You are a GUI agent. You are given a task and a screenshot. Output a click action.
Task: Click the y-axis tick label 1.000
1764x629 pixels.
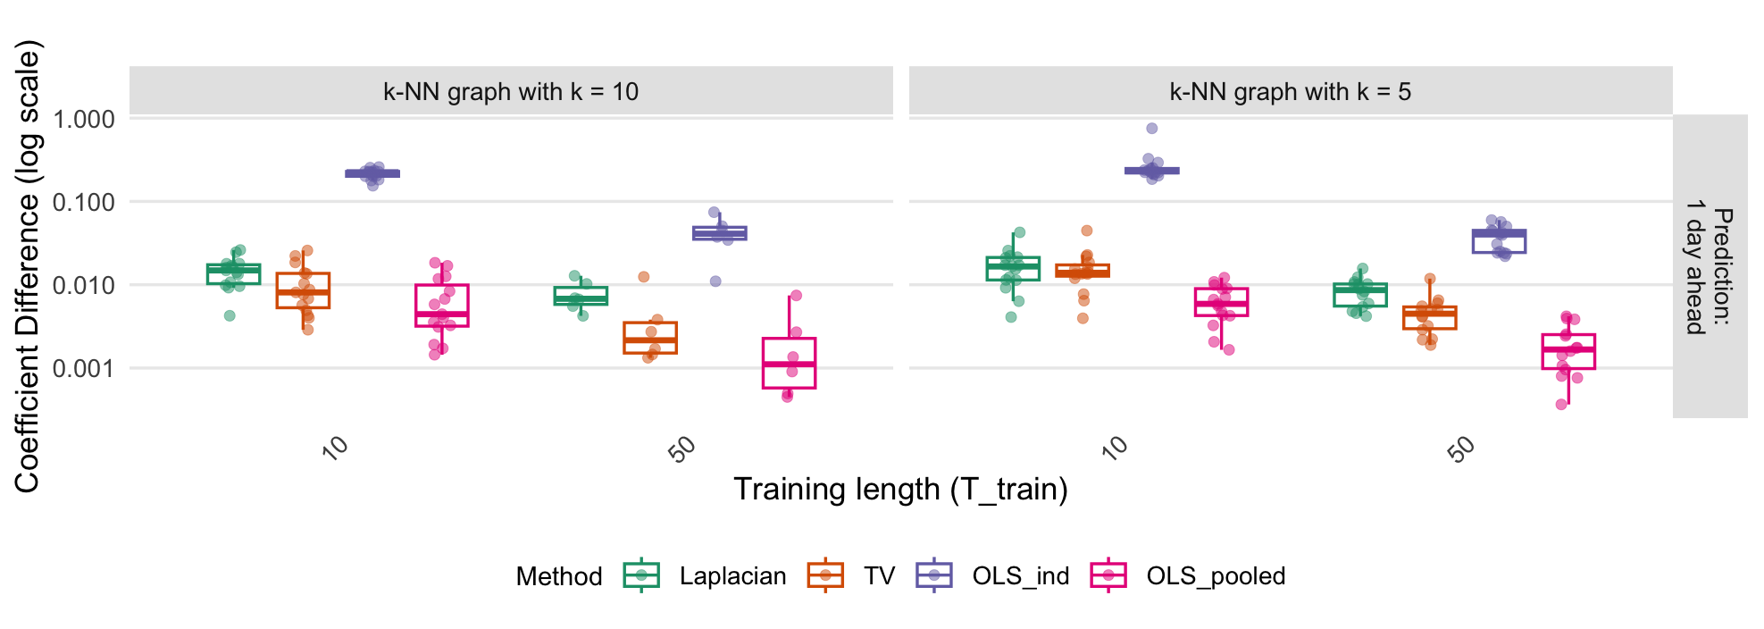pos(84,119)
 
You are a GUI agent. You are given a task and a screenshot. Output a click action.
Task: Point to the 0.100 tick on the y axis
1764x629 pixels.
pos(84,202)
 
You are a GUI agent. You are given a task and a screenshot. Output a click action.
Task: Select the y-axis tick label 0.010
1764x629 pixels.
pos(84,285)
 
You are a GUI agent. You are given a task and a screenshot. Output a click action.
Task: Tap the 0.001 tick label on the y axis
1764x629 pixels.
pos(84,368)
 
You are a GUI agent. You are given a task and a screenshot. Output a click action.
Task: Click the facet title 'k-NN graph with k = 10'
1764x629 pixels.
pos(511,91)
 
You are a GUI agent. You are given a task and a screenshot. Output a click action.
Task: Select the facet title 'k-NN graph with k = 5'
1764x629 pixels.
pos(1290,91)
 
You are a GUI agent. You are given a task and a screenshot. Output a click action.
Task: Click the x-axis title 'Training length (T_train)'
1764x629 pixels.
pos(900,490)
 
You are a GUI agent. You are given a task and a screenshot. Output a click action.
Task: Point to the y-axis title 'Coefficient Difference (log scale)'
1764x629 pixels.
pos(27,266)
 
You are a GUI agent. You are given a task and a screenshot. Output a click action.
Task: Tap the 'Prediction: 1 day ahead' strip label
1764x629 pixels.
pos(1709,266)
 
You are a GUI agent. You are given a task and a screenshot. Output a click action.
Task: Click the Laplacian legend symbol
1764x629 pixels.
pos(641,575)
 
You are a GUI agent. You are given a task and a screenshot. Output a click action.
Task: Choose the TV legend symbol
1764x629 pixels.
pos(825,575)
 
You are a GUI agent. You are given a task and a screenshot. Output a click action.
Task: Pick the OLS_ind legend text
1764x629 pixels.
pos(1020,576)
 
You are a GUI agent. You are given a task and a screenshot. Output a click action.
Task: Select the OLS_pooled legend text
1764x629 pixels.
pos(1216,576)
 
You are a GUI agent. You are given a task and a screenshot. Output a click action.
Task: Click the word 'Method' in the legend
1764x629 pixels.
pos(559,576)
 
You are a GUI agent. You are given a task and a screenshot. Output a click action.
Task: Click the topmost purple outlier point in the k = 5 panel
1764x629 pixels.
pos(1152,129)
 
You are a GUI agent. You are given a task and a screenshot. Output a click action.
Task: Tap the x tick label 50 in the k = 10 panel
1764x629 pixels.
pos(682,449)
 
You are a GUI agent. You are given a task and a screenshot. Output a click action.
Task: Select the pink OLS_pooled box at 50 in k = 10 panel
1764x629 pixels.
pos(789,363)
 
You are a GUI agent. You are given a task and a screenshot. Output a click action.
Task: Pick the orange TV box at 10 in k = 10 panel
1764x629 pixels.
pos(303,290)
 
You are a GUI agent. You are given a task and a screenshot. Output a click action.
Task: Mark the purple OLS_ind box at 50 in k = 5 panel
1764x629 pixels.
pos(1499,241)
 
